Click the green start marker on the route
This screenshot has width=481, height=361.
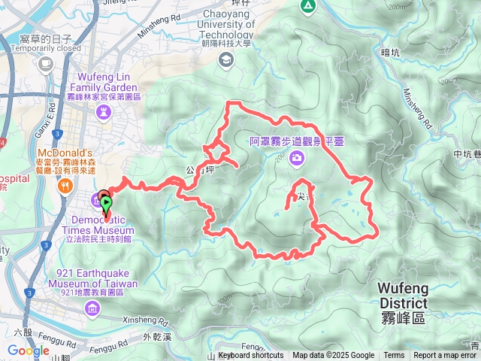click(x=106, y=202)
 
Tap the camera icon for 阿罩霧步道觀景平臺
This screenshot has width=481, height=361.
click(x=298, y=157)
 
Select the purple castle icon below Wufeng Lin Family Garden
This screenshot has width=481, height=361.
click(x=105, y=113)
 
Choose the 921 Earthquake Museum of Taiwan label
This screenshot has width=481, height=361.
click(x=92, y=278)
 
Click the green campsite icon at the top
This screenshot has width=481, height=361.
click(x=307, y=6)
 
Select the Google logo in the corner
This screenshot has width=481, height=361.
click(x=28, y=350)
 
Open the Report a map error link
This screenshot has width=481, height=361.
click(x=446, y=356)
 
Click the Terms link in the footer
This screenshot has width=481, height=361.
click(x=394, y=356)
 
